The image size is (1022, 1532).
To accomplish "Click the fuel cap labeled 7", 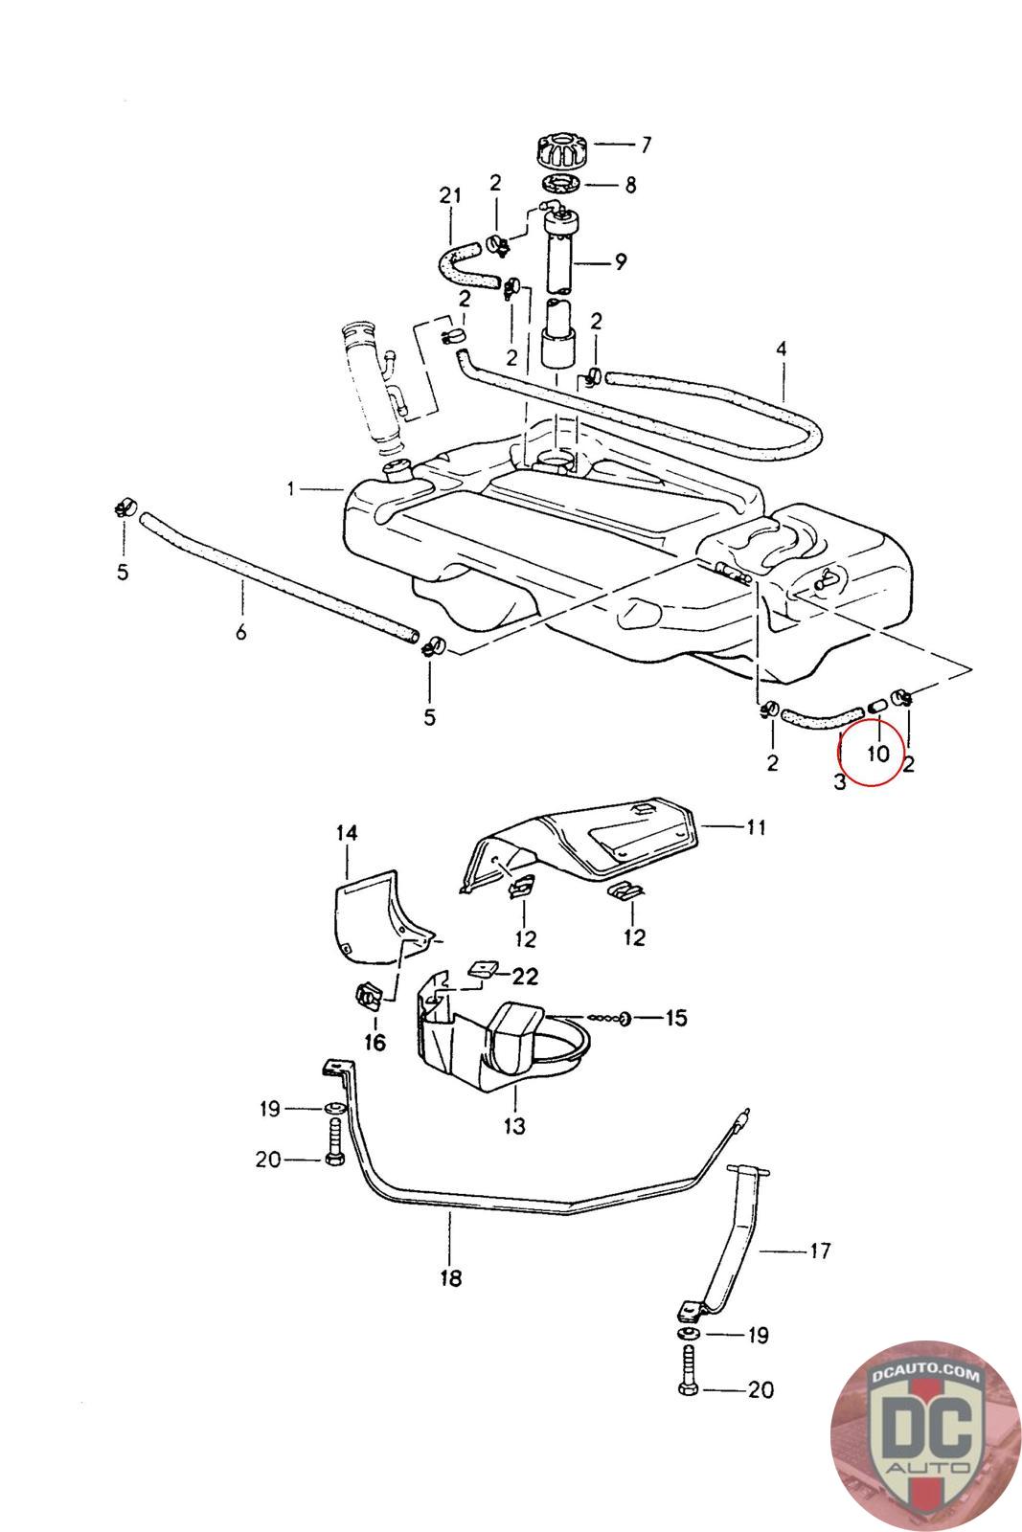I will pyautogui.click(x=561, y=150).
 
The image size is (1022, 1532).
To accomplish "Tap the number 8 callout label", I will pyautogui.click(x=630, y=185).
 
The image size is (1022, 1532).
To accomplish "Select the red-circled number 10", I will pyautogui.click(x=877, y=754).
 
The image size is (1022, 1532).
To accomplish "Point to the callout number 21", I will pyautogui.click(x=450, y=196).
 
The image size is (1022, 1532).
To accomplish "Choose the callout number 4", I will pyautogui.click(x=781, y=349).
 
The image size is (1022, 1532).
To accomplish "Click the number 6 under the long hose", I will pyautogui.click(x=241, y=632).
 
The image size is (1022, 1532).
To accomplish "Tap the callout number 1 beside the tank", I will pyautogui.click(x=290, y=489).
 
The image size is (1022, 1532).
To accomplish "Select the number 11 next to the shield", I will pyautogui.click(x=756, y=825).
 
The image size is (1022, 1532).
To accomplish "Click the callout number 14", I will pyautogui.click(x=347, y=834).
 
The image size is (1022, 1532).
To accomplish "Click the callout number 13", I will pyautogui.click(x=514, y=1126).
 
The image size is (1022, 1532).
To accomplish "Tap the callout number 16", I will pyautogui.click(x=375, y=1043).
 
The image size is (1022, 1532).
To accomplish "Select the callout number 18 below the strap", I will pyautogui.click(x=450, y=1277).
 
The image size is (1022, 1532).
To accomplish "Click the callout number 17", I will pyautogui.click(x=820, y=1250).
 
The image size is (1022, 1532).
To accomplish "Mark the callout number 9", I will pyautogui.click(x=621, y=260).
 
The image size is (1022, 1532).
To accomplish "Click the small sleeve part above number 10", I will pyautogui.click(x=875, y=707).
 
